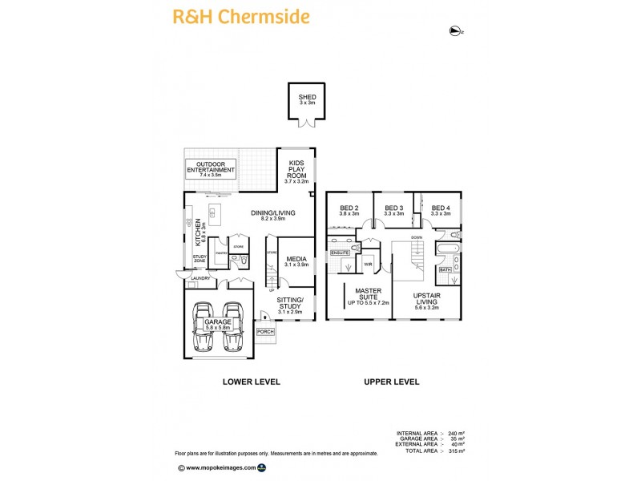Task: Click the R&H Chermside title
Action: [x=241, y=16]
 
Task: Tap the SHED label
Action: [x=308, y=99]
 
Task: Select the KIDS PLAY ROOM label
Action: [x=296, y=172]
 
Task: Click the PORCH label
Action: [x=265, y=332]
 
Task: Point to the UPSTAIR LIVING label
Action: [x=425, y=298]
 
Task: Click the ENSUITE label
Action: [x=340, y=253]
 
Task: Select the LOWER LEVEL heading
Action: [x=251, y=382]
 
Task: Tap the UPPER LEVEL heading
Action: [x=392, y=382]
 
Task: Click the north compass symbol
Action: [x=456, y=31]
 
